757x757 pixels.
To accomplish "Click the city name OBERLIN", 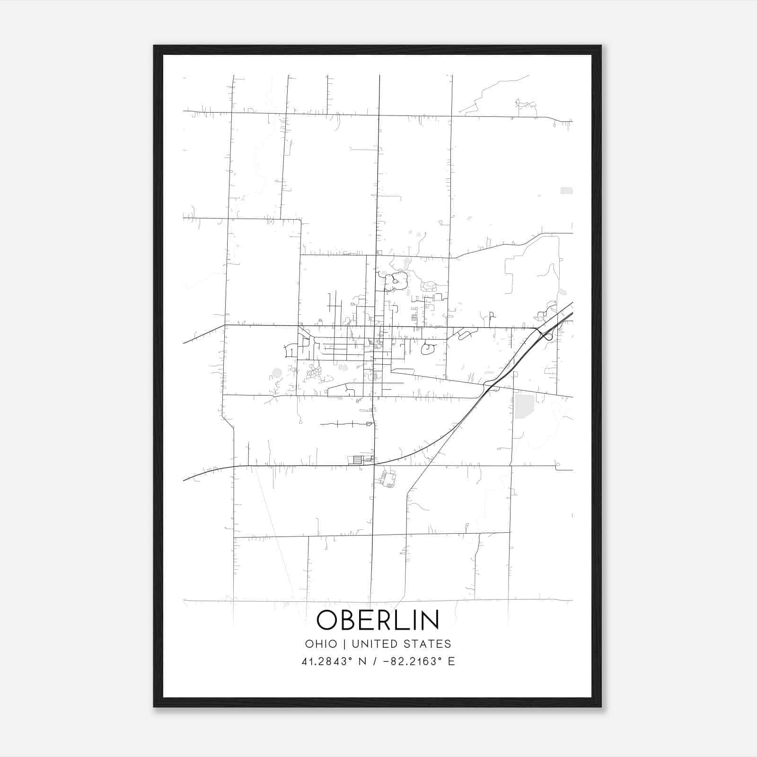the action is (x=378, y=620).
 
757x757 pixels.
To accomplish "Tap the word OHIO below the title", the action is (x=321, y=644).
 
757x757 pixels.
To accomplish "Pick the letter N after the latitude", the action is (x=362, y=661).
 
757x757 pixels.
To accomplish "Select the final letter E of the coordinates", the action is (x=451, y=661).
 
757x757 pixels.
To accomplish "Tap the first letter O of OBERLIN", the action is (x=327, y=620).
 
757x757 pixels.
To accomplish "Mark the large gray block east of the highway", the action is (x=524, y=406).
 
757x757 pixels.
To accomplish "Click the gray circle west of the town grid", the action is (x=277, y=374).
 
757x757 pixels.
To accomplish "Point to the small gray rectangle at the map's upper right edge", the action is (x=566, y=191).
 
